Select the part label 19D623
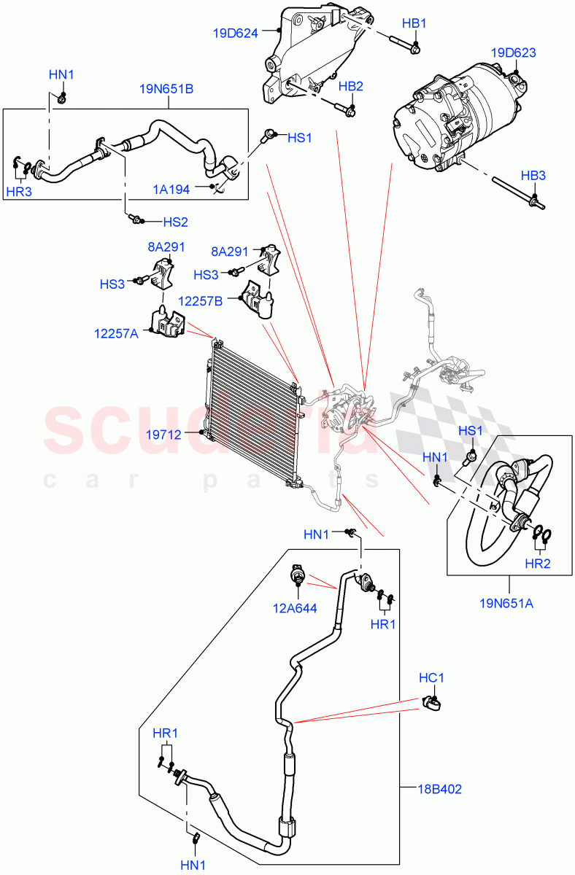pos(514,52)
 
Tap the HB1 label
pos(414,24)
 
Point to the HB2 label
pos(351,86)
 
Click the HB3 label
pos(533,175)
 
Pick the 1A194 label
pos(171,189)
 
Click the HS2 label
pos(175,222)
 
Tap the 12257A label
pos(116,333)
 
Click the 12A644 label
pos(296,608)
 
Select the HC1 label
pos(431,678)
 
